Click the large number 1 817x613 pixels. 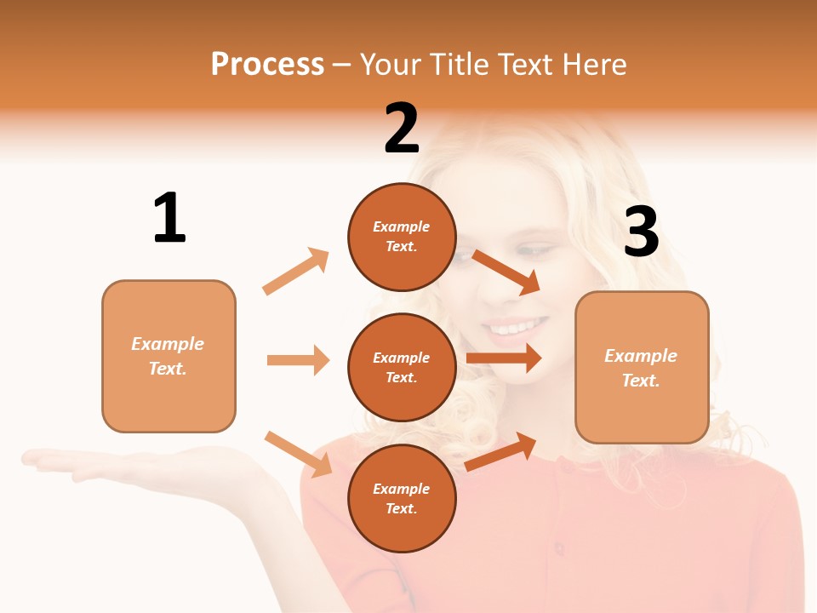169,218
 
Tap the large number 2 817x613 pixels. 402,129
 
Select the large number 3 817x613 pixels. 641,232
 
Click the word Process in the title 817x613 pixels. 267,64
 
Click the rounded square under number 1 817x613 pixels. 169,356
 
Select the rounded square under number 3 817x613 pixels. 642,368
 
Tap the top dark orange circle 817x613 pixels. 402,237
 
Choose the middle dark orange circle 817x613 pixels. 402,368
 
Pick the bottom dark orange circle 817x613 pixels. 402,499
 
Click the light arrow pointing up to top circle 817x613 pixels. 296,272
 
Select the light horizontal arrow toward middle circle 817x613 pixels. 298,360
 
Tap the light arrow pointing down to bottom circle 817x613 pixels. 298,454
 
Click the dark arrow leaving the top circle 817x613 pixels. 506,272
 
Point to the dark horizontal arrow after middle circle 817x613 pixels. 504,358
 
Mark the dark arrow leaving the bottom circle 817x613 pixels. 500,452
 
